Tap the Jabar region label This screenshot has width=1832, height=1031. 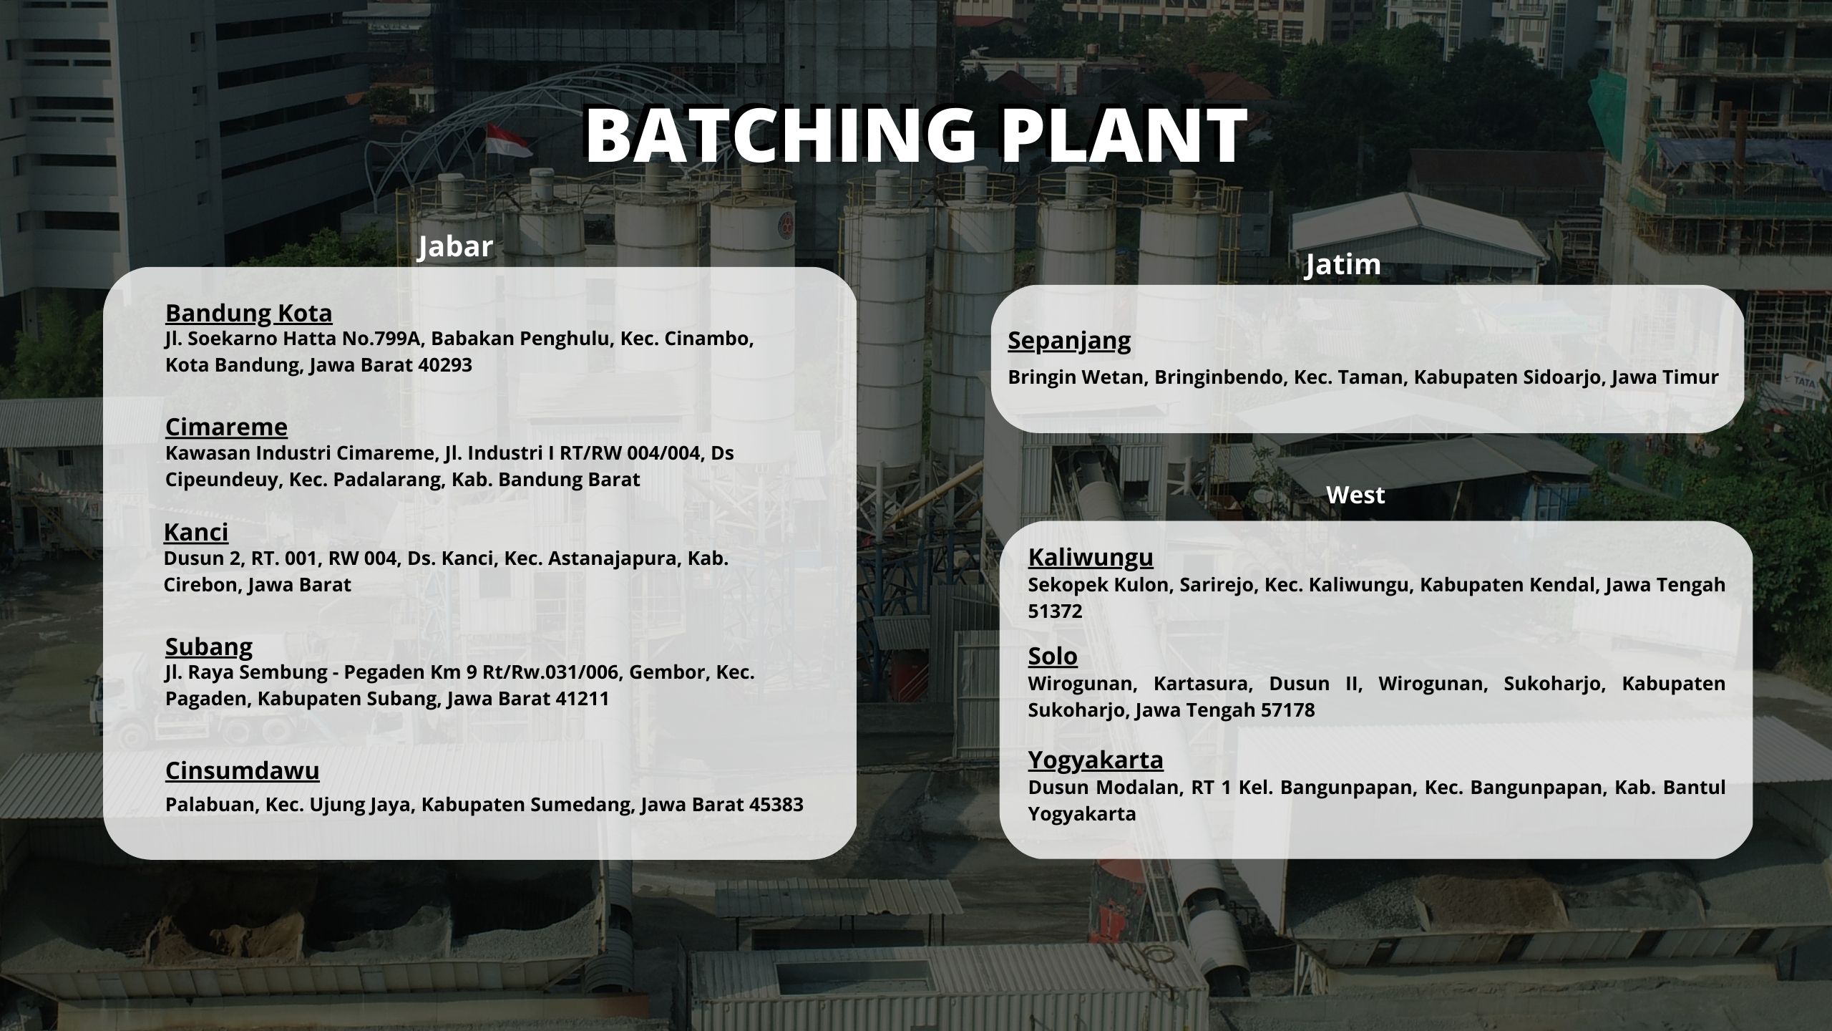(456, 247)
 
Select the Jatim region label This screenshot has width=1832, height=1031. (1343, 265)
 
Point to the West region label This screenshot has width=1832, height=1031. (1355, 495)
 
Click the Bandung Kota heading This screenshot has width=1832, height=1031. (249, 313)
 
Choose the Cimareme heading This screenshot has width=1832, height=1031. (226, 427)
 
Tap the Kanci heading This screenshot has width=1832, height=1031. (196, 532)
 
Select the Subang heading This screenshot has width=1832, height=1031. (209, 647)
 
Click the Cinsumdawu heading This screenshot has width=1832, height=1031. (243, 770)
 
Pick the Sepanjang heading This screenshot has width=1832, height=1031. (1069, 341)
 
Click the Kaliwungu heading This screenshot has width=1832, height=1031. (1091, 557)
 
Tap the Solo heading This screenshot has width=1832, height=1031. (1053, 656)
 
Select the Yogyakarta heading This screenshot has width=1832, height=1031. (1096, 760)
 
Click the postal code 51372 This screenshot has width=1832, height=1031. (1056, 611)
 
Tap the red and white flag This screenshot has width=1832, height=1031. (507, 140)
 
